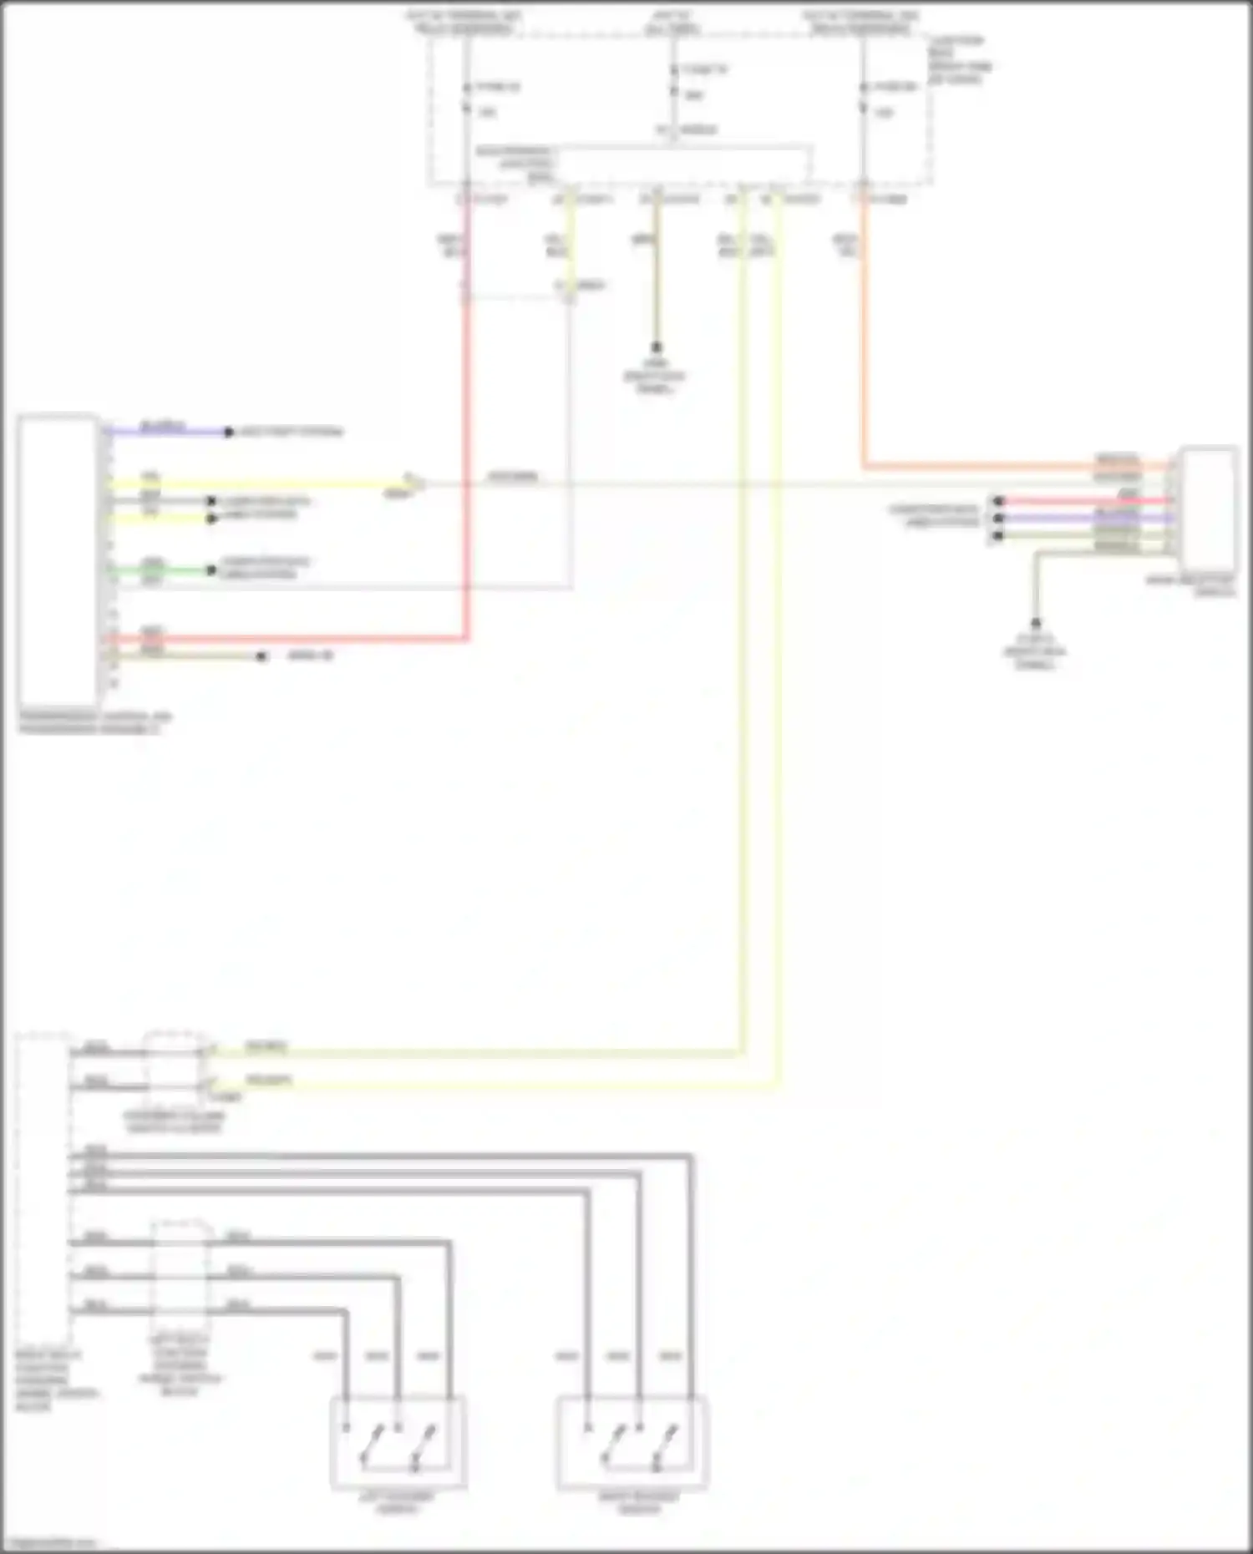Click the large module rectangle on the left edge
pyautogui.click(x=58, y=559)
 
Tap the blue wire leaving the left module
pyautogui.click(x=167, y=432)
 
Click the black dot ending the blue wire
pyautogui.click(x=228, y=432)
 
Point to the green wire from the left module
pyautogui.click(x=159, y=570)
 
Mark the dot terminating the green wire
pyautogui.click(x=211, y=570)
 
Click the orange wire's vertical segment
pyautogui.click(x=865, y=334)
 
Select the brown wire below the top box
pyautogui.click(x=657, y=276)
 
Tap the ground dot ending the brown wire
pyautogui.click(x=657, y=347)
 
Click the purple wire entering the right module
pyautogui.click(x=1086, y=519)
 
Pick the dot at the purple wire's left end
pyautogui.click(x=997, y=519)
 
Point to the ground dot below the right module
pyautogui.click(x=1036, y=623)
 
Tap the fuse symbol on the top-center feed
pyautogui.click(x=673, y=82)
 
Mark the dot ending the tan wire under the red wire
pyautogui.click(x=261, y=656)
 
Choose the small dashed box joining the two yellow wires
pyautogui.click(x=174, y=1070)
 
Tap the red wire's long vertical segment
pyautogui.click(x=467, y=418)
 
